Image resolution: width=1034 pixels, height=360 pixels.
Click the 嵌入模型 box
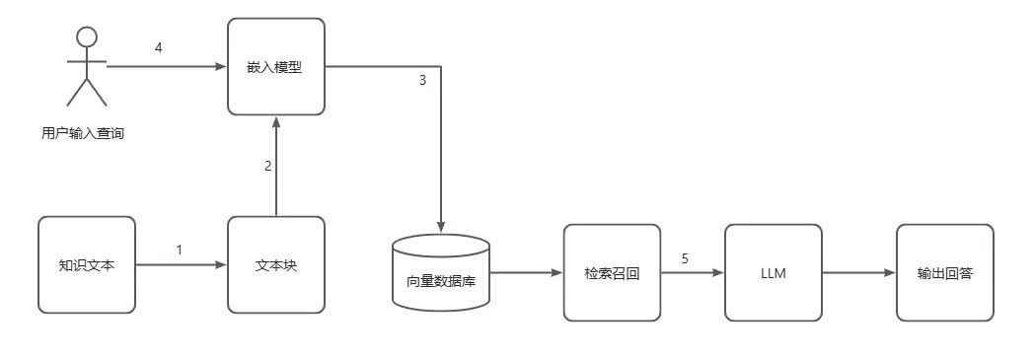[x=276, y=67]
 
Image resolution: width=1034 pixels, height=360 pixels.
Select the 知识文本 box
[x=86, y=264]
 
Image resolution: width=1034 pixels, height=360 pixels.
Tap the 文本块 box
[x=276, y=264]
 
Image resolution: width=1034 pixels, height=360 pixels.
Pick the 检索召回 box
[x=612, y=272]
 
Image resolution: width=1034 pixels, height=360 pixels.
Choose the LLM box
[x=773, y=272]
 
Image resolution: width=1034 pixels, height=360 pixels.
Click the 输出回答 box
[x=944, y=272]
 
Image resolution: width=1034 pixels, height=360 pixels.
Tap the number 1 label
[x=180, y=250]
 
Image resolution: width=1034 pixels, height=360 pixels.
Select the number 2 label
[x=267, y=166]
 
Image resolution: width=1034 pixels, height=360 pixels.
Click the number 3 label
[x=422, y=81]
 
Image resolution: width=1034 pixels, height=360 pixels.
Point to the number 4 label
[x=159, y=47]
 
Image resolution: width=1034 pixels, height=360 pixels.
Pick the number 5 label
[x=684, y=258]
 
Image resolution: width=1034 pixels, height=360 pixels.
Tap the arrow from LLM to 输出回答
[x=858, y=272]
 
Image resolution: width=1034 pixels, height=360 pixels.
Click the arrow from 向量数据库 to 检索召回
[x=527, y=272]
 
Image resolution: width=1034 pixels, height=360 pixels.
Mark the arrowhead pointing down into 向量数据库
[x=441, y=227]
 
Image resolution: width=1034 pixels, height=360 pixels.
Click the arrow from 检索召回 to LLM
[x=691, y=272]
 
